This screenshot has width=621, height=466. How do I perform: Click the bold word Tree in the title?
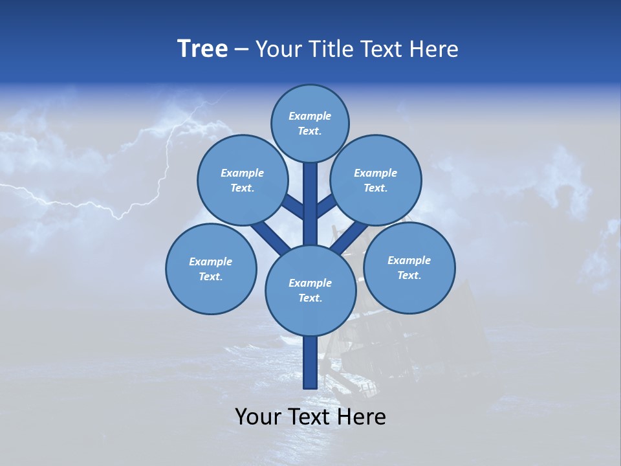[x=202, y=49]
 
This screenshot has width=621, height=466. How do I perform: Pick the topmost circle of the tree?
[x=310, y=123]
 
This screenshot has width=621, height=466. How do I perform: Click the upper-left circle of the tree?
[x=243, y=180]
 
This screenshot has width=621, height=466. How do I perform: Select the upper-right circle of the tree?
[x=376, y=180]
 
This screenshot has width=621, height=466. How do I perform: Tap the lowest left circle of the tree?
[x=211, y=269]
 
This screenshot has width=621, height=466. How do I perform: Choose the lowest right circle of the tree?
[x=409, y=267]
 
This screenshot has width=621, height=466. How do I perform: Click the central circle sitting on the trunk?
[x=310, y=290]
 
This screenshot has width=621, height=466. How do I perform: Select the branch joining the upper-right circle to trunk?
[x=327, y=207]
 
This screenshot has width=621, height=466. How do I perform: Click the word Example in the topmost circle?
[x=310, y=116]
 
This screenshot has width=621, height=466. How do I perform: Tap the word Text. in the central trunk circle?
[x=310, y=298]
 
